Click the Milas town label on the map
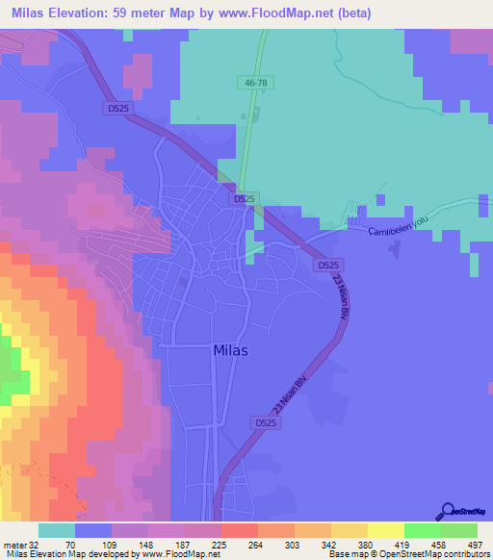229,351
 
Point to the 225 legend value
221,544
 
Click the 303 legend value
294,544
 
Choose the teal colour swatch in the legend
57,530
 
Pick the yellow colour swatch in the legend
385,530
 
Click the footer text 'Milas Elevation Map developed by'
67,554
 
